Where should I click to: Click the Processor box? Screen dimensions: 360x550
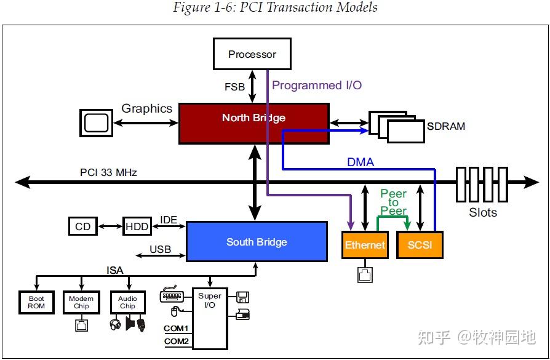(x=252, y=54)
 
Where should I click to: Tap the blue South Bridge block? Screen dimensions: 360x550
(x=256, y=242)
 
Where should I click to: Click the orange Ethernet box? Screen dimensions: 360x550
(x=365, y=245)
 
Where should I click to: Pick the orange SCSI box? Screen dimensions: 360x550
(x=420, y=245)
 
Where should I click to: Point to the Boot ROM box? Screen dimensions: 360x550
(x=36, y=303)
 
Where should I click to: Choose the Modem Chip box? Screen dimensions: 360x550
(x=81, y=303)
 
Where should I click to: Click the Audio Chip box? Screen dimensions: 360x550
(x=127, y=303)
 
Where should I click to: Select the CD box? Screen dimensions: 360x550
(x=82, y=226)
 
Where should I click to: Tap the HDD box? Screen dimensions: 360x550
(x=137, y=226)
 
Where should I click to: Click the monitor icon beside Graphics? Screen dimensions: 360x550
(x=96, y=122)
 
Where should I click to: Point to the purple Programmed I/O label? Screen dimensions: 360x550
(x=317, y=86)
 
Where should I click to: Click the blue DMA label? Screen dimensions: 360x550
(x=361, y=162)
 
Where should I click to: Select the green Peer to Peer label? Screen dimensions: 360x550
(x=393, y=202)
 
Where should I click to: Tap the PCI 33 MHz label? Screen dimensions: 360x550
(x=108, y=172)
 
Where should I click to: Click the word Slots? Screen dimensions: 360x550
(x=482, y=212)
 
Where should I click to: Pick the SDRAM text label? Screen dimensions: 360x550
(x=446, y=126)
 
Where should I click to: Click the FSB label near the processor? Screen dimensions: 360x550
(x=234, y=87)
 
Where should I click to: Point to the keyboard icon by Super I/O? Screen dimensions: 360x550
(x=170, y=296)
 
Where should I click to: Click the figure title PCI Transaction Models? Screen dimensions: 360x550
(x=275, y=8)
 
